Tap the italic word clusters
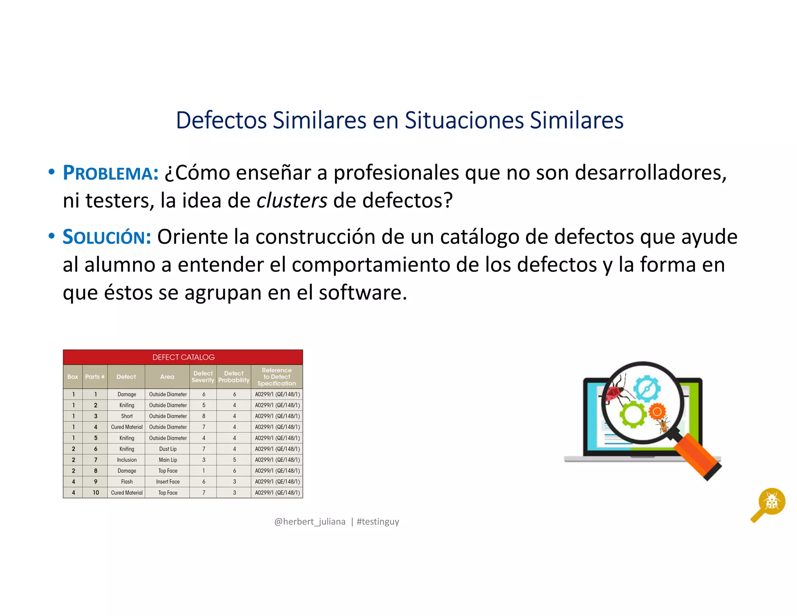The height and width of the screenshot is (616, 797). [x=292, y=201]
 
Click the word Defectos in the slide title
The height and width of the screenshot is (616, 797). [x=221, y=120]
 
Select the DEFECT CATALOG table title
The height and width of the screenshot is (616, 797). [x=183, y=357]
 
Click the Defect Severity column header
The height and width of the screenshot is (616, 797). [x=203, y=377]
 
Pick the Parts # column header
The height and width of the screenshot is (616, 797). [x=95, y=377]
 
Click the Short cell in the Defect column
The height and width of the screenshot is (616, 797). [x=126, y=416]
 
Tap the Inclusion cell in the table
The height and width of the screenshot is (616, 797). [x=126, y=460]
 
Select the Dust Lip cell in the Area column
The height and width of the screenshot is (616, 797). [x=168, y=449]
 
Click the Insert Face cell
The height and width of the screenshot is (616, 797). [x=168, y=482]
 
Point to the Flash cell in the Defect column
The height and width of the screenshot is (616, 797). [x=126, y=482]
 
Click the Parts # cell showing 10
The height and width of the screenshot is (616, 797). [x=95, y=493]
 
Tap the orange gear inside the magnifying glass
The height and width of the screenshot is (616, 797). [x=657, y=412]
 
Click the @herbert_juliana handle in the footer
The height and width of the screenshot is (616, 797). [x=310, y=521]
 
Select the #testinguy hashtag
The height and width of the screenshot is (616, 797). [x=377, y=521]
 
